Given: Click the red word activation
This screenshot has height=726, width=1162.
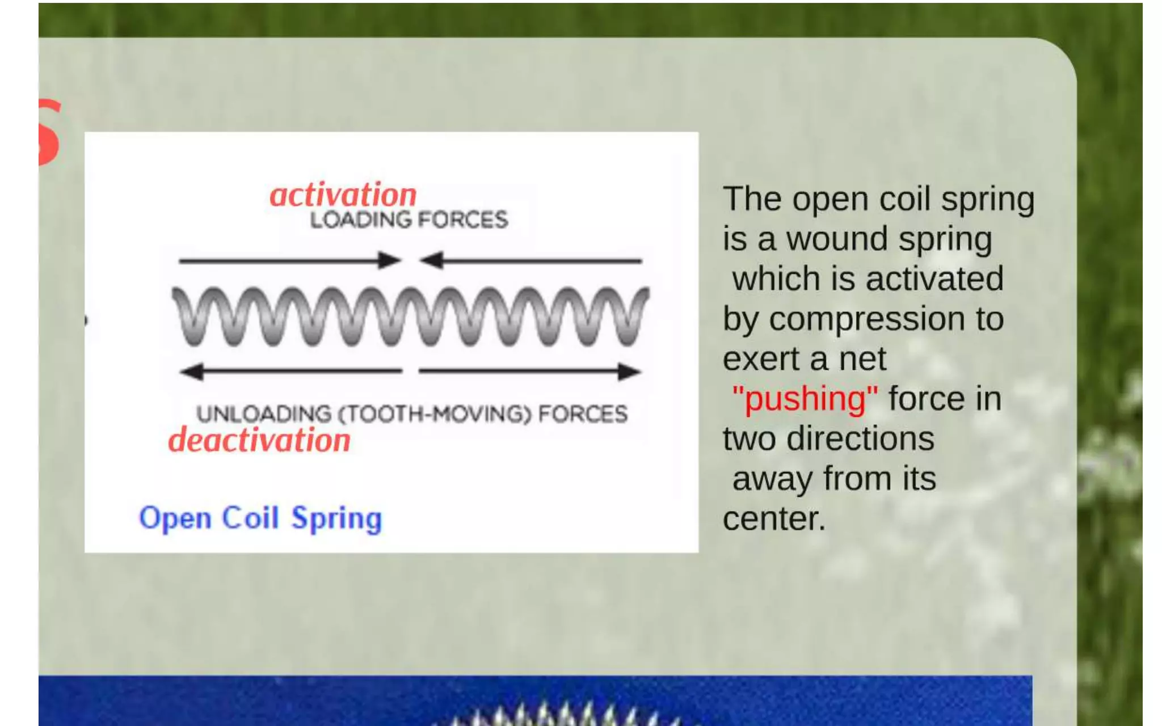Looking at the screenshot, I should pyautogui.click(x=343, y=196).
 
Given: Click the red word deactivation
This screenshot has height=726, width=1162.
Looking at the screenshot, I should pyautogui.click(x=259, y=441).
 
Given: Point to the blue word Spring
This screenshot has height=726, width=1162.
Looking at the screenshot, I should pyautogui.click(x=336, y=519).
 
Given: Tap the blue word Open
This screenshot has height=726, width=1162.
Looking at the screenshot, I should pyautogui.click(x=175, y=519).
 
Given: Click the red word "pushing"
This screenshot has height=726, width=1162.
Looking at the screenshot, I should pyautogui.click(x=805, y=399).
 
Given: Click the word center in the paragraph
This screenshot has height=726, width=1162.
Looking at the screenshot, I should pyautogui.click(x=774, y=518).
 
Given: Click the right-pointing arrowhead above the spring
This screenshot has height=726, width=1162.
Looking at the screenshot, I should pyautogui.click(x=390, y=260).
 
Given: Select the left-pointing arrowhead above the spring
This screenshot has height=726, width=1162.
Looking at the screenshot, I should pyautogui.click(x=431, y=260).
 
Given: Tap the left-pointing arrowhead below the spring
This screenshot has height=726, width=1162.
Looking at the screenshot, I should pyautogui.click(x=191, y=372).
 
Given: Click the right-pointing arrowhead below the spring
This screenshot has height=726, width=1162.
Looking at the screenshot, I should pyautogui.click(x=629, y=372).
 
